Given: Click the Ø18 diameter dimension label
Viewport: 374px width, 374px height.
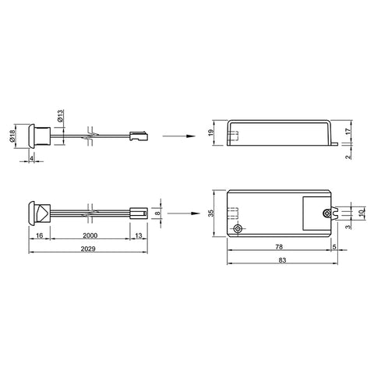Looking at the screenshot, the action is [x=12, y=136].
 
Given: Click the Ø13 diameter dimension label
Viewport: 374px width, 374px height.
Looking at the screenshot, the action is [x=60, y=116].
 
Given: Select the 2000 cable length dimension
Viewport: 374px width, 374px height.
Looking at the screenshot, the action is [x=90, y=235].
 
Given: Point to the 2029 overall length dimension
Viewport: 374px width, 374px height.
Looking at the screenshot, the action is [x=88, y=249].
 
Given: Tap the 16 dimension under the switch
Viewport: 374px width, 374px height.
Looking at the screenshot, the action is [x=39, y=235].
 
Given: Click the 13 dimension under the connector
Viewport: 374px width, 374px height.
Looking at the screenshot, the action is [x=139, y=235].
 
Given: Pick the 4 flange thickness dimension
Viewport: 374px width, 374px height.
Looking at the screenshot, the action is [x=31, y=158].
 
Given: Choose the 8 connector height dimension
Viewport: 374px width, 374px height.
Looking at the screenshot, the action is [x=157, y=213].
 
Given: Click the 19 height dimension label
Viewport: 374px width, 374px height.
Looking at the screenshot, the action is [x=211, y=132].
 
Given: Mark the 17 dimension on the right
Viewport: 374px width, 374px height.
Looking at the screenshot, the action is [x=348, y=131].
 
